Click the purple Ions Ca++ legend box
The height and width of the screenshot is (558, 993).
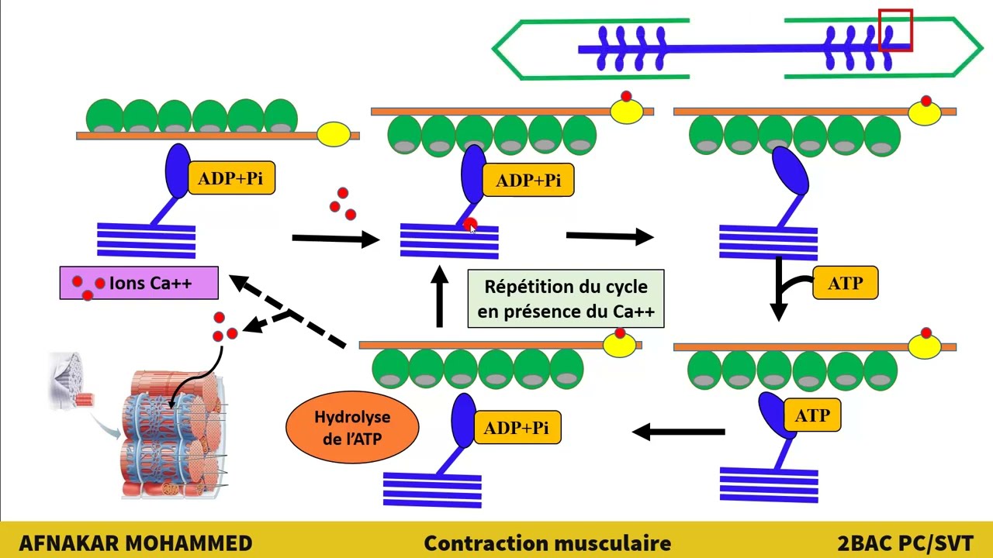point(139,284)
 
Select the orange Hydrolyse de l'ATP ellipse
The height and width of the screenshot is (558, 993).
point(352,427)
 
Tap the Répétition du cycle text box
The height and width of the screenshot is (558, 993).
point(566,298)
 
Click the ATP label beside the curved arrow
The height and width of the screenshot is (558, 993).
point(845,283)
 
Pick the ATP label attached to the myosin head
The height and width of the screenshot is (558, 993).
point(812,416)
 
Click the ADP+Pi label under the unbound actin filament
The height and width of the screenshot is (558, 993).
point(230,179)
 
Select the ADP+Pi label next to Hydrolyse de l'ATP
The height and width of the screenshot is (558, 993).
point(516,429)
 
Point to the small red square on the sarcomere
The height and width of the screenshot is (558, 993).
point(894,30)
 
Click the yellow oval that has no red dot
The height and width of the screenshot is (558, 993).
point(334,135)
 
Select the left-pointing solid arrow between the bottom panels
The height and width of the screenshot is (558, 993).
point(679,432)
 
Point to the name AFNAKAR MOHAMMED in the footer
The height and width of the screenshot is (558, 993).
point(135,542)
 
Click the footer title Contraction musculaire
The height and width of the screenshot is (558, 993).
point(547,542)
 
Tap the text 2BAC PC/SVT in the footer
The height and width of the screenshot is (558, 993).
point(905,542)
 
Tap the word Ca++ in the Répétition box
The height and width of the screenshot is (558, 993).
point(635,312)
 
